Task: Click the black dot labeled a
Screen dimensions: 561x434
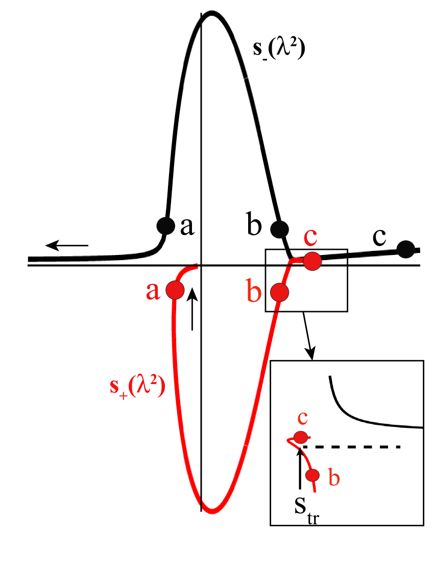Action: point(165,225)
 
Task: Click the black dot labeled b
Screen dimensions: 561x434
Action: point(279,229)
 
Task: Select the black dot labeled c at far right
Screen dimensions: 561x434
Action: point(405,249)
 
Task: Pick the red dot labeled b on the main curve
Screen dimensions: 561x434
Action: point(279,292)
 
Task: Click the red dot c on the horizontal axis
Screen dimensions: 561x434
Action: point(312,261)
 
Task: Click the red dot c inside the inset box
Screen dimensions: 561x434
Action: point(301,437)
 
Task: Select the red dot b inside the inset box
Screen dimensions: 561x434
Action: point(312,475)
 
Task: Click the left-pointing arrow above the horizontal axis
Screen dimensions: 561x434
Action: point(67,246)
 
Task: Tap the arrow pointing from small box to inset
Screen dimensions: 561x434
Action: point(308,335)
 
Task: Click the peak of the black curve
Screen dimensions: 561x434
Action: point(211,13)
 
